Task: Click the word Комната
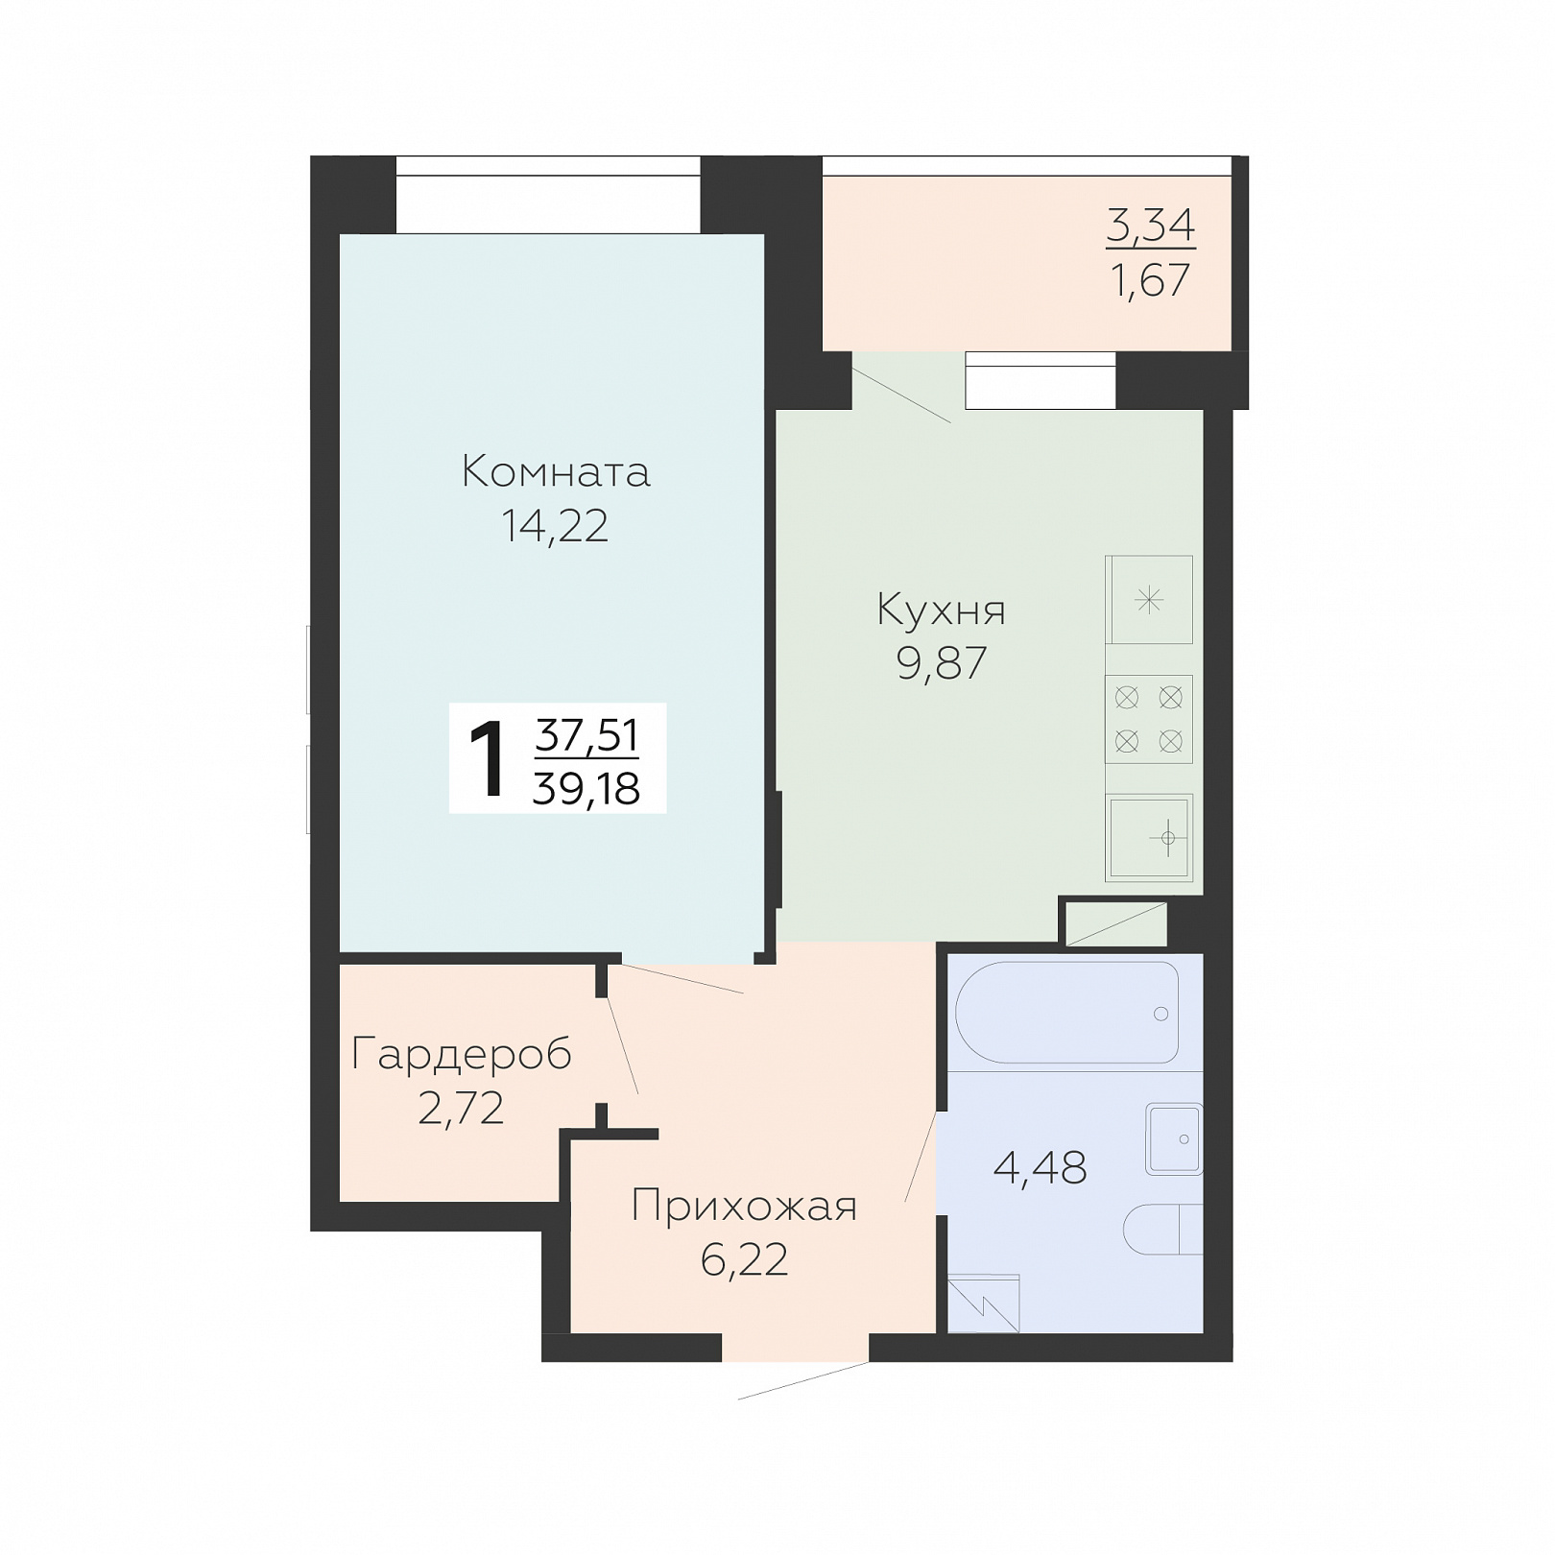coord(556,472)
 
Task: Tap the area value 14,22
coord(555,526)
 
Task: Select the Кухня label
coord(941,610)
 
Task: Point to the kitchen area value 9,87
coord(941,663)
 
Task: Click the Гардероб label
coord(462,1055)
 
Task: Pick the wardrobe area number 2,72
coord(461,1109)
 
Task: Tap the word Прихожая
coord(744,1206)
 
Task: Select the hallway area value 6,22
coord(744,1259)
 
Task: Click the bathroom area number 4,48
coord(1040,1168)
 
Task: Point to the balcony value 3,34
coord(1150,227)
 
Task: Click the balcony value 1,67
coord(1150,280)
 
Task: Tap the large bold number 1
coord(489,761)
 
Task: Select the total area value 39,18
coord(586,789)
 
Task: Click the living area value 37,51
coord(586,736)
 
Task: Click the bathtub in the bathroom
coord(1066,1012)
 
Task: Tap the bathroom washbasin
coord(1173,1139)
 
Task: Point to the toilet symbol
coord(1162,1229)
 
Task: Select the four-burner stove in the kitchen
coord(1148,719)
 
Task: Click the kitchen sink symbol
coord(1149,838)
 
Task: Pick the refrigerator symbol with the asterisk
coord(1148,600)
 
